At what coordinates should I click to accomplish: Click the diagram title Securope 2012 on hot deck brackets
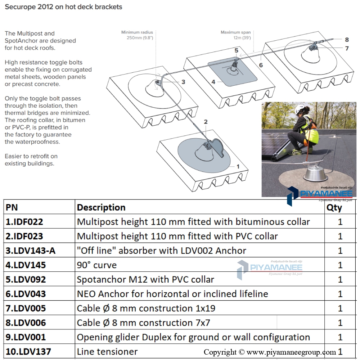point(63,7)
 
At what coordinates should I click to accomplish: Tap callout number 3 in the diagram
point(183,82)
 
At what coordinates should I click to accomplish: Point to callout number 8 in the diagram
point(347,40)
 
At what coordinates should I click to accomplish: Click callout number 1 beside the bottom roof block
point(238,167)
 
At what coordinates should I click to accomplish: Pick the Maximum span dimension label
point(235,35)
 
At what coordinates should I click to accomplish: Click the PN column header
point(12,207)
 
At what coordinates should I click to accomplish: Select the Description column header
point(101,207)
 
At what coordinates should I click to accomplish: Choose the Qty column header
point(334,207)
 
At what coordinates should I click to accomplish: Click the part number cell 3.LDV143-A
point(31,251)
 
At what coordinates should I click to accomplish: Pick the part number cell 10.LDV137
point(28,352)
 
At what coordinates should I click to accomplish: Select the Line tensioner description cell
point(107,352)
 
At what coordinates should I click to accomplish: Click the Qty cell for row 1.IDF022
point(340,222)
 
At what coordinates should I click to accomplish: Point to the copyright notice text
point(270,352)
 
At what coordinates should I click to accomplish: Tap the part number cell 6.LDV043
point(26,294)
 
